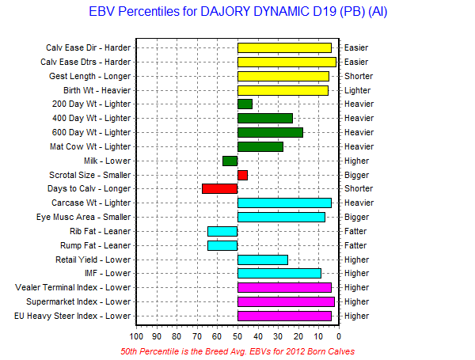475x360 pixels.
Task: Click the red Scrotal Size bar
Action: [243, 176]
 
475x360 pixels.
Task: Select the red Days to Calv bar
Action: [219, 188]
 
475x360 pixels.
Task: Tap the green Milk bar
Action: [230, 161]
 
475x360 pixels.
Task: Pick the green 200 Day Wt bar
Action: [245, 104]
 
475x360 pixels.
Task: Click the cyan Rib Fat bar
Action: [222, 231]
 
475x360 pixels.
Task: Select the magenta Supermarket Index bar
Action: [287, 302]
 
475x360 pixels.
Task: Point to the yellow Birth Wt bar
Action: [283, 90]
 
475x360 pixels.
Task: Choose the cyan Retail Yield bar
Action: [263, 260]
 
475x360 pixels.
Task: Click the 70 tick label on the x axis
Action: [197, 336]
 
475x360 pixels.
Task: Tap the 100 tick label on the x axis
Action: [136, 336]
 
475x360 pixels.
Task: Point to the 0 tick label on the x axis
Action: [339, 336]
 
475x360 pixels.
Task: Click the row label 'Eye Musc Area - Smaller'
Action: [84, 217]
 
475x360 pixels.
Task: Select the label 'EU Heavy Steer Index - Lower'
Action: [72, 316]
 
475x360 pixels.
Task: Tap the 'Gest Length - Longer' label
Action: [90, 76]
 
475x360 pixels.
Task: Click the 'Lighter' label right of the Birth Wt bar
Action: [358, 90]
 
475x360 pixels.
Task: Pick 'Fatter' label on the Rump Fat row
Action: [355, 245]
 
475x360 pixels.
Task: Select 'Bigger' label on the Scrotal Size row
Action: [357, 176]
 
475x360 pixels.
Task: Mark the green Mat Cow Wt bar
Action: [260, 147]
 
